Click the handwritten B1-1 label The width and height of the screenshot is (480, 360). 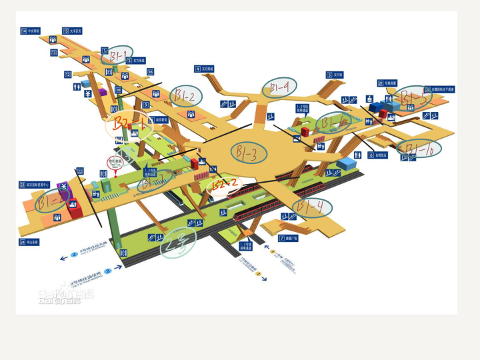117,55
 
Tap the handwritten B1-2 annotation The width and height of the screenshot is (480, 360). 187,96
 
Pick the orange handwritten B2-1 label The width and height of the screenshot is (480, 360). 129,124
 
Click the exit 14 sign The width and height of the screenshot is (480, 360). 24,31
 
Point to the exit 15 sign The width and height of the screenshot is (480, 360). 66,31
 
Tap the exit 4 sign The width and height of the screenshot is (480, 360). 197,69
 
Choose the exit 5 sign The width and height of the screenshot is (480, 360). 329,75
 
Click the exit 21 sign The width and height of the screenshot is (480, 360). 381,83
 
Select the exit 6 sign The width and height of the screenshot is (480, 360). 371,155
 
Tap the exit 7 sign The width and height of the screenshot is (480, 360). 281,238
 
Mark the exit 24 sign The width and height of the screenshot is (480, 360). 22,242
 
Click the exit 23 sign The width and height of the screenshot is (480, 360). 22,185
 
